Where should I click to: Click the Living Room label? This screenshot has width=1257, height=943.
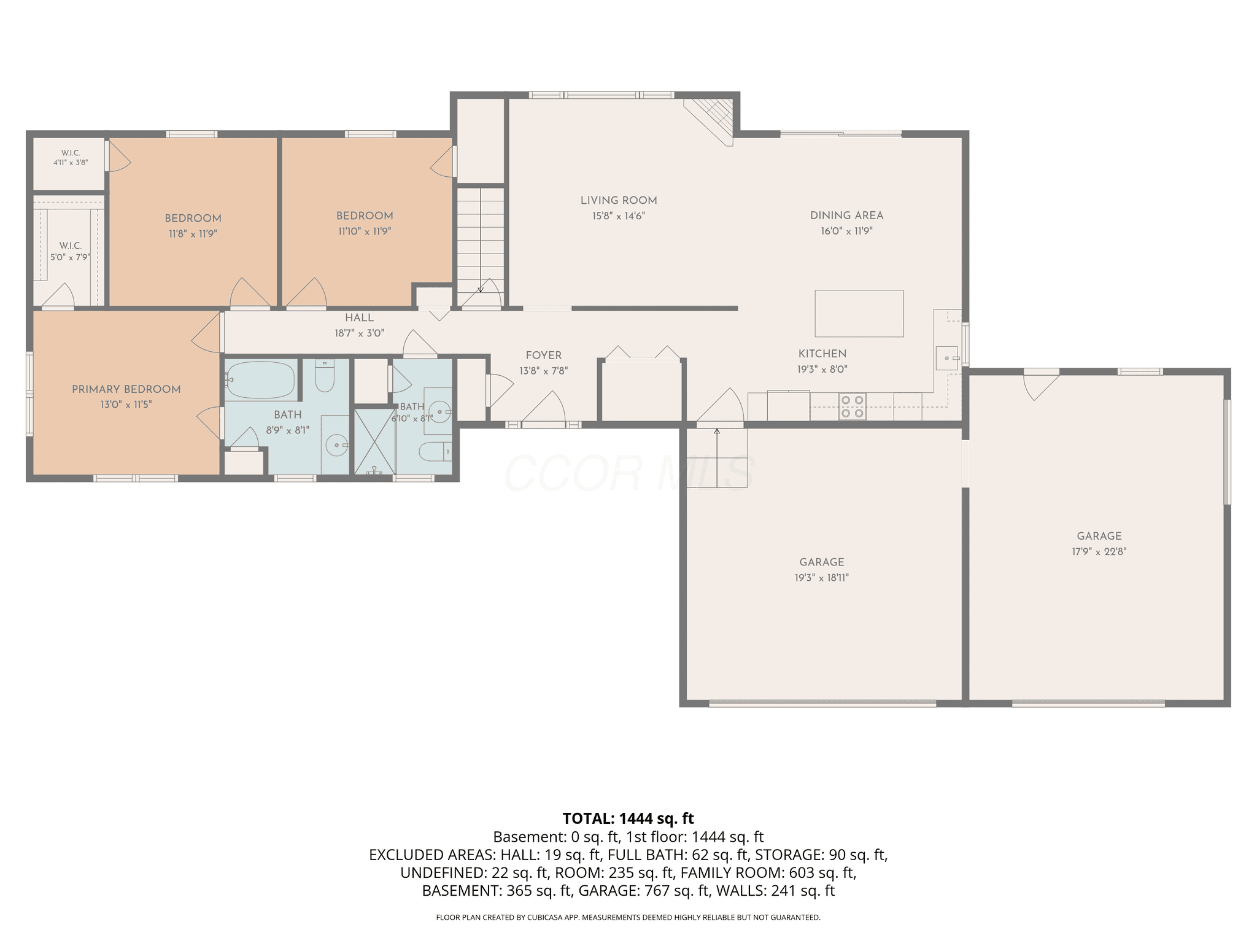click(619, 200)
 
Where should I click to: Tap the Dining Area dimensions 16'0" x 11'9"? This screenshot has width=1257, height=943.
click(846, 231)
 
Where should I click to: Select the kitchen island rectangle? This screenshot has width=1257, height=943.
click(859, 313)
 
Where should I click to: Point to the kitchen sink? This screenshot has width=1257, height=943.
click(946, 358)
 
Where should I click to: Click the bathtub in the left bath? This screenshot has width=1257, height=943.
click(260, 381)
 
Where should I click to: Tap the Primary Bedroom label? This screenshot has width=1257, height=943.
click(126, 389)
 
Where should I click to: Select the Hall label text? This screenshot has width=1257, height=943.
click(359, 317)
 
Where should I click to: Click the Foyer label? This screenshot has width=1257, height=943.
click(544, 355)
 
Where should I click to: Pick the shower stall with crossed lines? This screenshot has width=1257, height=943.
click(375, 441)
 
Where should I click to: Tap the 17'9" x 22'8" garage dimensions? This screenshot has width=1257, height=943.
click(1099, 552)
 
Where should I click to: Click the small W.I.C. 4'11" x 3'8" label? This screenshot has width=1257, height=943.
click(71, 158)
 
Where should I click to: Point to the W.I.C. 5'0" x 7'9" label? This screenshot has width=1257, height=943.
click(71, 252)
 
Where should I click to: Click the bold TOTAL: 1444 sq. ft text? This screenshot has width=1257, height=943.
click(628, 818)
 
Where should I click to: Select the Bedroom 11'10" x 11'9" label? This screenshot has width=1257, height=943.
click(365, 223)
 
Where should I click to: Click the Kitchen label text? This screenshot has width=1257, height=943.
click(822, 354)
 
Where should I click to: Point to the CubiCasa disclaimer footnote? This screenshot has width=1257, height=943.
click(628, 918)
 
